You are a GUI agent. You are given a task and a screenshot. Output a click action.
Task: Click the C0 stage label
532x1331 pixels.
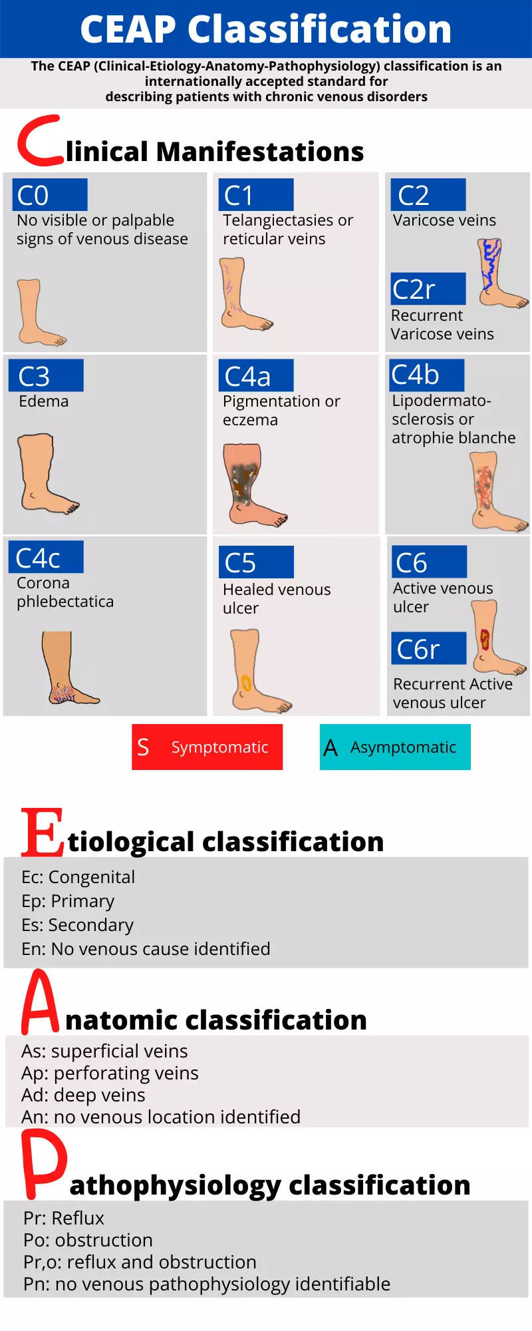click(50, 195)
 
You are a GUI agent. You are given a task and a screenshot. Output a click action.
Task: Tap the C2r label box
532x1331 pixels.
click(428, 289)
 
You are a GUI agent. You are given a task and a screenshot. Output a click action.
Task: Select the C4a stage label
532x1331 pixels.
click(256, 376)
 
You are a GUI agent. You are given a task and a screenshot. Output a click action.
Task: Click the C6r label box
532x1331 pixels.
click(429, 648)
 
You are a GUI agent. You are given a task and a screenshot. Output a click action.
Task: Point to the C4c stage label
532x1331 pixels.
click(46, 557)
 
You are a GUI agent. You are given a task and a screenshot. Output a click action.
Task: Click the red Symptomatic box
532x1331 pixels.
click(207, 747)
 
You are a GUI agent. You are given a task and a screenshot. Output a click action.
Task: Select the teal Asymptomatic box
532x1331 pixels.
click(395, 747)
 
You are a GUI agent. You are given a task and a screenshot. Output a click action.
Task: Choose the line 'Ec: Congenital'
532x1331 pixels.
click(78, 877)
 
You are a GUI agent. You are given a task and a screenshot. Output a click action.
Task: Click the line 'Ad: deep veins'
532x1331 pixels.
click(83, 1095)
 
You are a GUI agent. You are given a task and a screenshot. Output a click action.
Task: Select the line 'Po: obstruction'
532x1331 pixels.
click(88, 1240)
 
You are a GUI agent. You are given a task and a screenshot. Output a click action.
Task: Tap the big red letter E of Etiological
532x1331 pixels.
click(43, 832)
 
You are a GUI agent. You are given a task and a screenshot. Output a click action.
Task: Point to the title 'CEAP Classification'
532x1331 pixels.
click(266, 29)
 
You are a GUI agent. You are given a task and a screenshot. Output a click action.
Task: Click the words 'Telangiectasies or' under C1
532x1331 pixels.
click(288, 220)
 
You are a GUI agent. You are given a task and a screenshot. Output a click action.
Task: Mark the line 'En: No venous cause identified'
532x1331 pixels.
click(146, 949)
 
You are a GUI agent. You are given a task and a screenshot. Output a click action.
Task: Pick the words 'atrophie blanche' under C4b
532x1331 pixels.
click(454, 438)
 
